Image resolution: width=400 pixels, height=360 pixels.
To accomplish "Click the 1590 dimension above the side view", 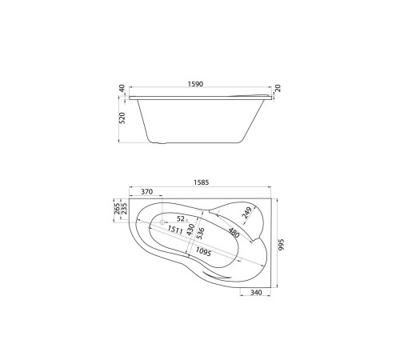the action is pyautogui.click(x=195, y=84).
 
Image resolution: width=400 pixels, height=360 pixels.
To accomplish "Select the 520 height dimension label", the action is pyautogui.click(x=122, y=118).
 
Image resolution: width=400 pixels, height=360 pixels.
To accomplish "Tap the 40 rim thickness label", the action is pyautogui.click(x=122, y=88).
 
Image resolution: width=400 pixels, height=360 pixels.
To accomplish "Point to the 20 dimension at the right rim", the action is pyautogui.click(x=278, y=88).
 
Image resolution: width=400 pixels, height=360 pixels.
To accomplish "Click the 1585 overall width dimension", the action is pyautogui.click(x=201, y=182).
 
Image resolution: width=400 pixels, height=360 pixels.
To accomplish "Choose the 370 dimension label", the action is pyautogui.click(x=146, y=191).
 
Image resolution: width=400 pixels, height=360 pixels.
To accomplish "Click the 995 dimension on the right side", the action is pyautogui.click(x=282, y=245).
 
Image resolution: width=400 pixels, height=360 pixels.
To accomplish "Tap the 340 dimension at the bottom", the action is pyautogui.click(x=256, y=292).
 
